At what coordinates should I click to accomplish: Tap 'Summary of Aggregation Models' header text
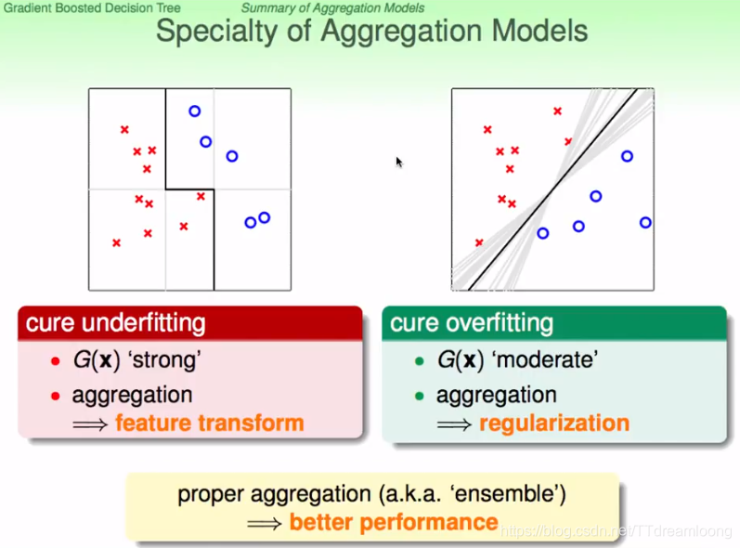(x=332, y=8)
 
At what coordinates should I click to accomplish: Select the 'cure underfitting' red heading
(x=116, y=323)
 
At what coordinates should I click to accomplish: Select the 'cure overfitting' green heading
(x=472, y=323)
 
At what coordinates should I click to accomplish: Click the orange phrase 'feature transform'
(x=210, y=424)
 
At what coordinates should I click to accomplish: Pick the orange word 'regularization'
(x=554, y=424)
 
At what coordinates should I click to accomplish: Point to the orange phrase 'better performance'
(x=394, y=522)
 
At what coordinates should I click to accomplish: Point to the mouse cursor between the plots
(x=398, y=161)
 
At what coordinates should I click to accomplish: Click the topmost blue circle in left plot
(x=194, y=111)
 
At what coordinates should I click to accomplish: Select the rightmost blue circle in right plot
(x=645, y=222)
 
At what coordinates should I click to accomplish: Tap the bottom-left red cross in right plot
(x=479, y=242)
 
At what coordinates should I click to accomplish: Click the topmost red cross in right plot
(x=557, y=111)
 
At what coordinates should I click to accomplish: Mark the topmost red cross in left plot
(x=124, y=129)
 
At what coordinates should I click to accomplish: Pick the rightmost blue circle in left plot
(x=265, y=217)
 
